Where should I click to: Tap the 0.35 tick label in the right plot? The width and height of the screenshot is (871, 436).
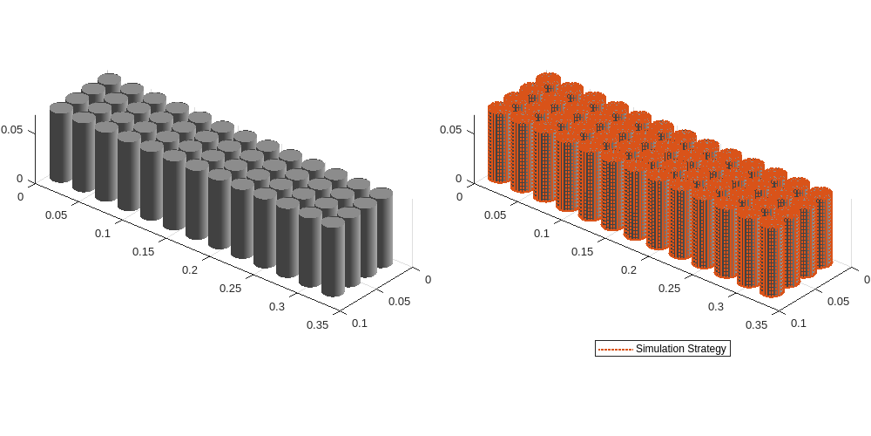[756, 324]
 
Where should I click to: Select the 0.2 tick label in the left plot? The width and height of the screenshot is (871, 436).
[190, 269]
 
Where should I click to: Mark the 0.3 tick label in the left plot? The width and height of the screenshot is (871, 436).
[277, 306]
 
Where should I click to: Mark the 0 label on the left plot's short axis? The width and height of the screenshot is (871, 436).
[427, 279]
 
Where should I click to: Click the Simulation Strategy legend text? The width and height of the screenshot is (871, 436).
[680, 349]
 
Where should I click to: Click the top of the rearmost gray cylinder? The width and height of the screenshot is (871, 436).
[109, 79]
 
